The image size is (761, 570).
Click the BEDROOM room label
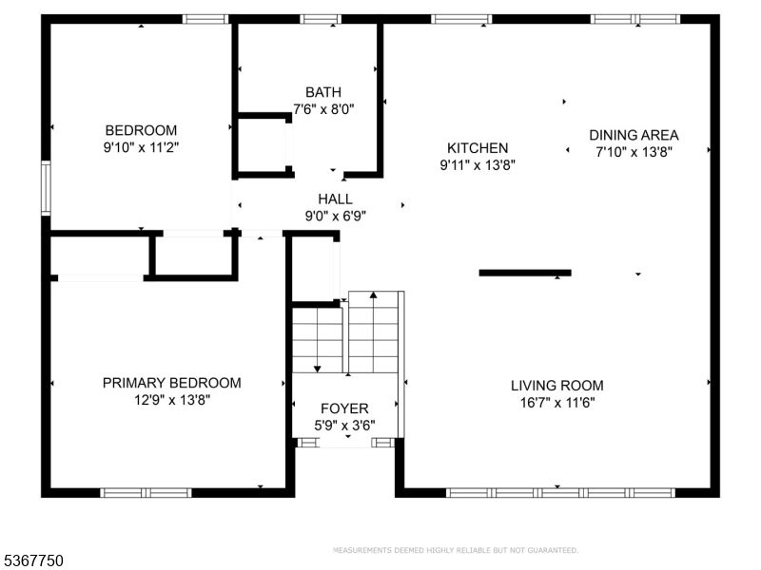pyautogui.click(x=141, y=130)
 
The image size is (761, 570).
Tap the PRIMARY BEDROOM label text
pyautogui.click(x=171, y=383)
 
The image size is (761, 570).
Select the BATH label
pyautogui.click(x=323, y=92)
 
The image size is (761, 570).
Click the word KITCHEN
pyautogui.click(x=478, y=148)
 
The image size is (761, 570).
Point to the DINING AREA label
pyautogui.click(x=634, y=135)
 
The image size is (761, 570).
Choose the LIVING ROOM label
pyautogui.click(x=557, y=386)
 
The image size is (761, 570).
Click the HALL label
pyautogui.click(x=335, y=199)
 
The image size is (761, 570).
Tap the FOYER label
pyautogui.click(x=344, y=408)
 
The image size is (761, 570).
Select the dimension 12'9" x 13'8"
pyautogui.click(x=171, y=400)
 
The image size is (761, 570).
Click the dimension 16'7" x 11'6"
pyautogui.click(x=557, y=402)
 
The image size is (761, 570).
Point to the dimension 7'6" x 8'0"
pyautogui.click(x=323, y=108)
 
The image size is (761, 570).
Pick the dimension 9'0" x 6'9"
pyautogui.click(x=335, y=215)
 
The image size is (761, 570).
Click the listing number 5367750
pyautogui.click(x=33, y=561)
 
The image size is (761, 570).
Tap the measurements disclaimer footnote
pyautogui.click(x=455, y=550)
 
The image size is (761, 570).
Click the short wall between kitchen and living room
pyautogui.click(x=524, y=273)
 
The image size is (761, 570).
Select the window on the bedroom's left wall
pyautogui.click(x=45, y=188)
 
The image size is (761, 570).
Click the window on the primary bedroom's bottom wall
pyautogui.click(x=146, y=492)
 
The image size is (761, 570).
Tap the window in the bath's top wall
pyautogui.click(x=321, y=18)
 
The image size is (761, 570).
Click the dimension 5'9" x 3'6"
pyautogui.click(x=344, y=425)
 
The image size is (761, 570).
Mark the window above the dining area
pyautogui.click(x=634, y=18)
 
